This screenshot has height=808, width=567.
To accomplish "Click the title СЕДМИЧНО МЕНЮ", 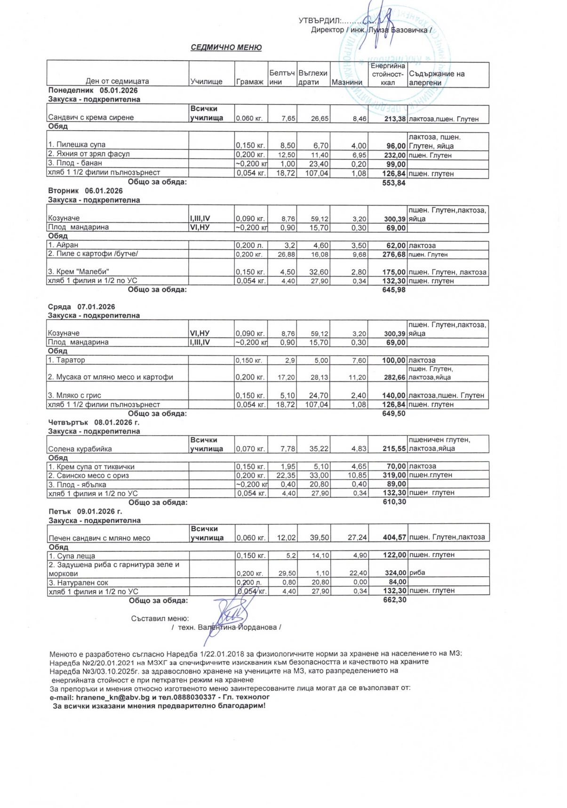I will (x=226, y=47).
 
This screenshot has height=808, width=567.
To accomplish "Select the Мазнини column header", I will (x=347, y=82).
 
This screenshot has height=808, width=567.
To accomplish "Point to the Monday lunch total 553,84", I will (x=394, y=183).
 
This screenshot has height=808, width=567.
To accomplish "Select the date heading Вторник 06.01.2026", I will (x=85, y=191).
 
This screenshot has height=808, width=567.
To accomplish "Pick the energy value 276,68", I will (x=394, y=254).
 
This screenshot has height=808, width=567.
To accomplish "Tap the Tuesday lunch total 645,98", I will (x=394, y=290).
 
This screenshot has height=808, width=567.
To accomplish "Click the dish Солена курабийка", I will (x=80, y=449).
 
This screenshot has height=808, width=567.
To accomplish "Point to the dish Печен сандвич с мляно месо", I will (x=99, y=538).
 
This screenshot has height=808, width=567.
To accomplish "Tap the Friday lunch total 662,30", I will (x=394, y=600).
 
